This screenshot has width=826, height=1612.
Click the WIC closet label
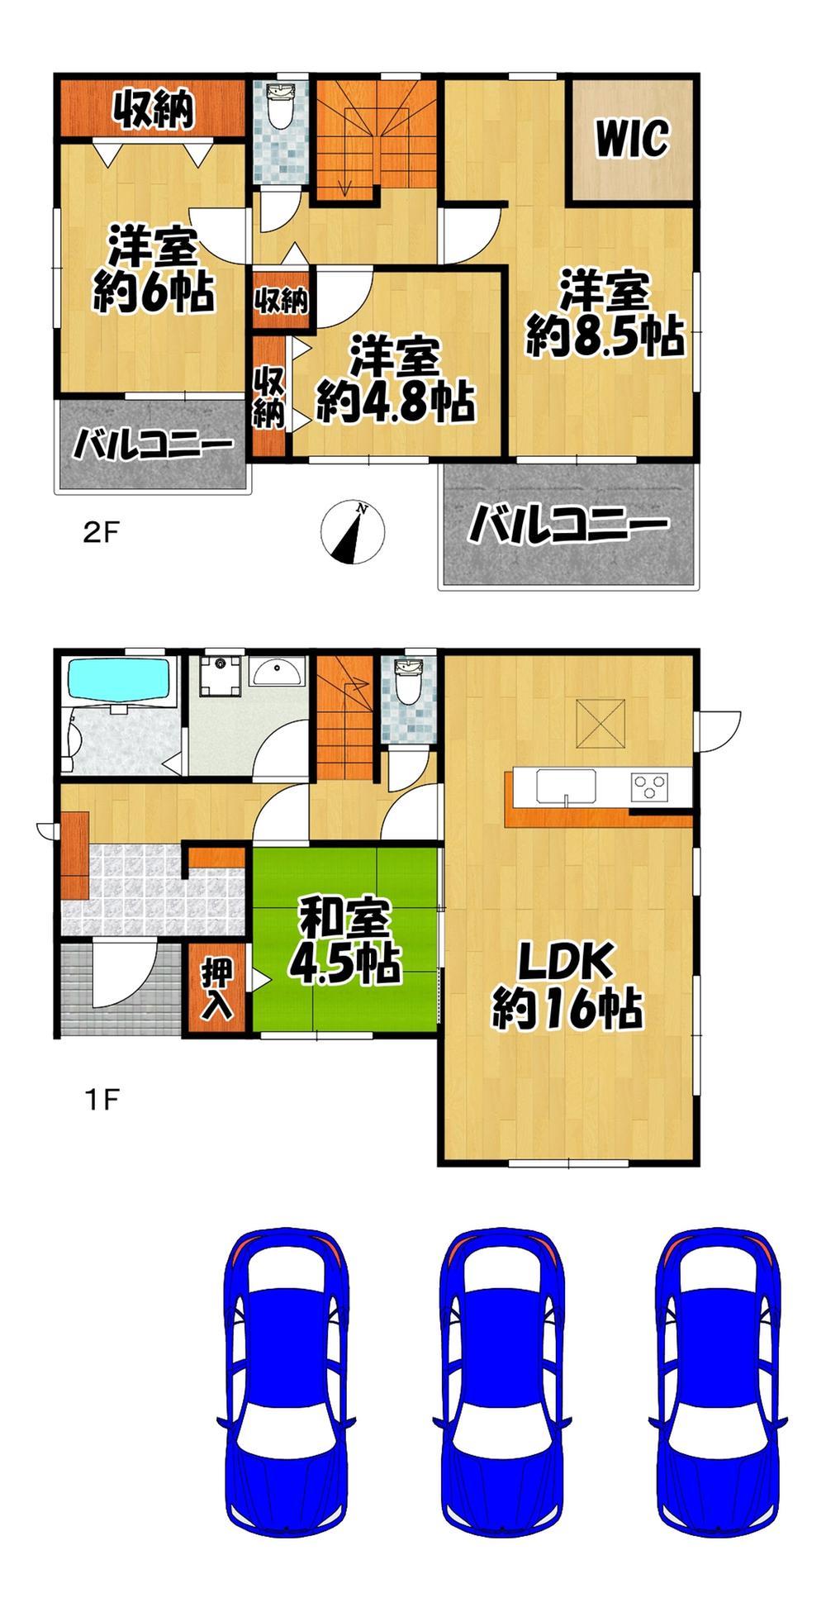[x=632, y=139]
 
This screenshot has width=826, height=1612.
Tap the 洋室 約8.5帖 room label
[x=605, y=314]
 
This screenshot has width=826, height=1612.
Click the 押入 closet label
[x=216, y=989]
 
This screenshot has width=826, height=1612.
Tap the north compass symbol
[x=354, y=532]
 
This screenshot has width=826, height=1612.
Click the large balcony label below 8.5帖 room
[x=568, y=525]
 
